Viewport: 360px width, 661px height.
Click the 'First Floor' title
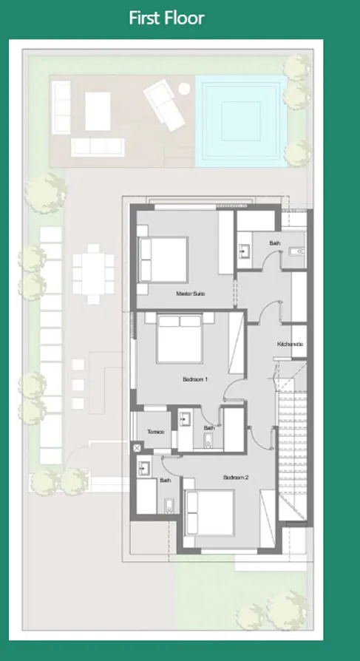[x=166, y=18]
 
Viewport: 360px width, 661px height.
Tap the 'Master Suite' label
[x=190, y=294]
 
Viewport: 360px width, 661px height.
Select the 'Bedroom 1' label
[x=195, y=379]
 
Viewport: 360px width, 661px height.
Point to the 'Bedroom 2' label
[x=236, y=478]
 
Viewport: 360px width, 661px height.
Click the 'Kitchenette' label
[x=290, y=345]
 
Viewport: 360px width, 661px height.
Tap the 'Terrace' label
[x=155, y=432]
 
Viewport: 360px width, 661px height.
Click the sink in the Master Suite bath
[x=245, y=251]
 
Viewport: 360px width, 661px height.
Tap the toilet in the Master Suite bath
[x=298, y=252]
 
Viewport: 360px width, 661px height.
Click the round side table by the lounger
[x=184, y=88]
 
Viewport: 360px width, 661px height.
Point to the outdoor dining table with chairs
[x=93, y=273]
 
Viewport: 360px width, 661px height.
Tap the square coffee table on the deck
[x=98, y=110]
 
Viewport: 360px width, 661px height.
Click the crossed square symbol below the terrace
[x=137, y=447]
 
